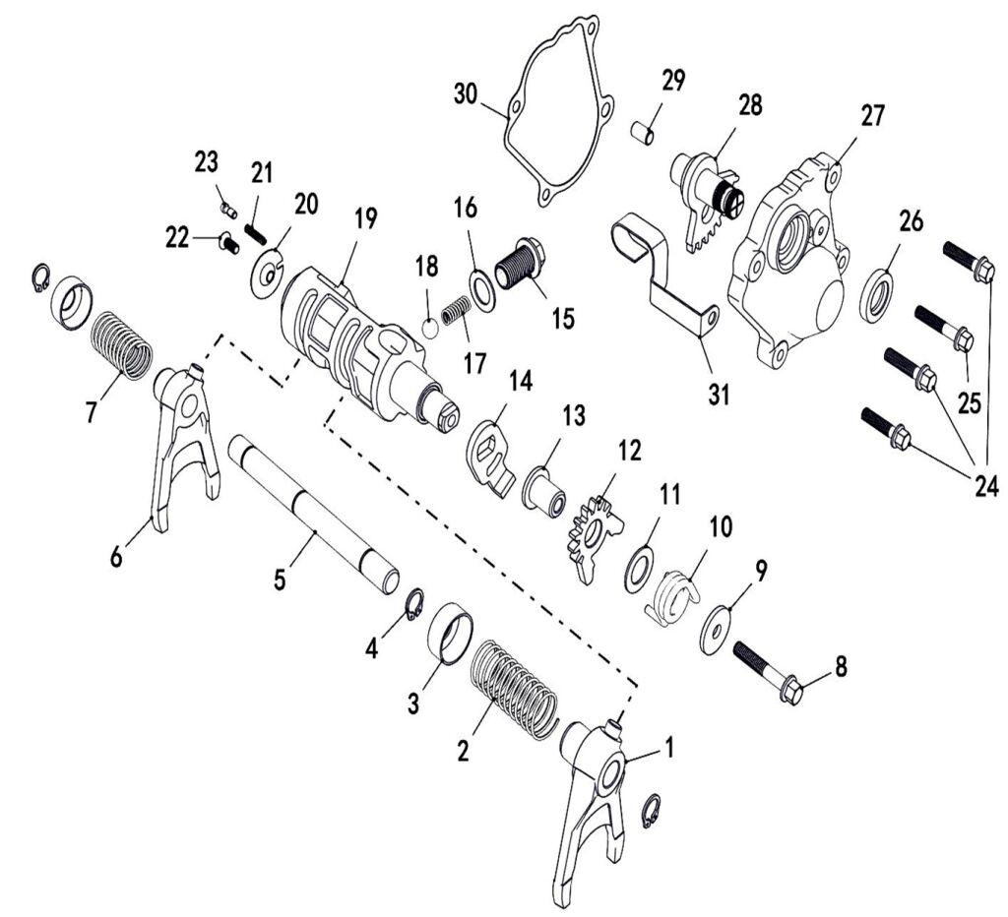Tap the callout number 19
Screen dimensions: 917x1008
[365, 218]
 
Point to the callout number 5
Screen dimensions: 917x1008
[281, 579]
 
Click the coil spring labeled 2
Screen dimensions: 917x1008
[512, 689]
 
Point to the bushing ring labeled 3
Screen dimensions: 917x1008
[452, 634]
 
